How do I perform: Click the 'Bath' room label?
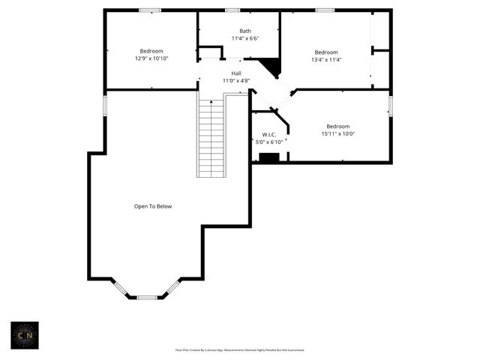pyautogui.click(x=235, y=31)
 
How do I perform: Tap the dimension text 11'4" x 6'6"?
pyautogui.click(x=244, y=38)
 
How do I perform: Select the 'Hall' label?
pyautogui.click(x=235, y=73)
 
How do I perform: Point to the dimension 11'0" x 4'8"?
pyautogui.click(x=235, y=80)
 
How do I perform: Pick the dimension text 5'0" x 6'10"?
pyautogui.click(x=268, y=142)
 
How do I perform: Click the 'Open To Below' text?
pyautogui.click(x=153, y=206)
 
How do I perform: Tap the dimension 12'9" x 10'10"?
pyautogui.click(x=151, y=58)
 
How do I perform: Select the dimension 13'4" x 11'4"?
pyautogui.click(x=326, y=60)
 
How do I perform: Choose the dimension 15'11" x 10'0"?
pyautogui.click(x=337, y=134)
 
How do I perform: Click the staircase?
pyautogui.click(x=211, y=139)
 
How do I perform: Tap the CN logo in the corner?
pyautogui.click(x=24, y=336)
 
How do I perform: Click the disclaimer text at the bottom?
pyautogui.click(x=239, y=349)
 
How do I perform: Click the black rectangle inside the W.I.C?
pyautogui.click(x=268, y=157)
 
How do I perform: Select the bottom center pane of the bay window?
pyautogui.click(x=147, y=298)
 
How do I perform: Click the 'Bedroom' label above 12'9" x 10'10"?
pyautogui.click(x=151, y=51)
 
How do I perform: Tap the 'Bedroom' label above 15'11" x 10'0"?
pyautogui.click(x=337, y=127)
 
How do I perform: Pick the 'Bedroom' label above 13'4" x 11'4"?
pyautogui.click(x=326, y=52)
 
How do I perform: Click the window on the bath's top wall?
pyautogui.click(x=232, y=10)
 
